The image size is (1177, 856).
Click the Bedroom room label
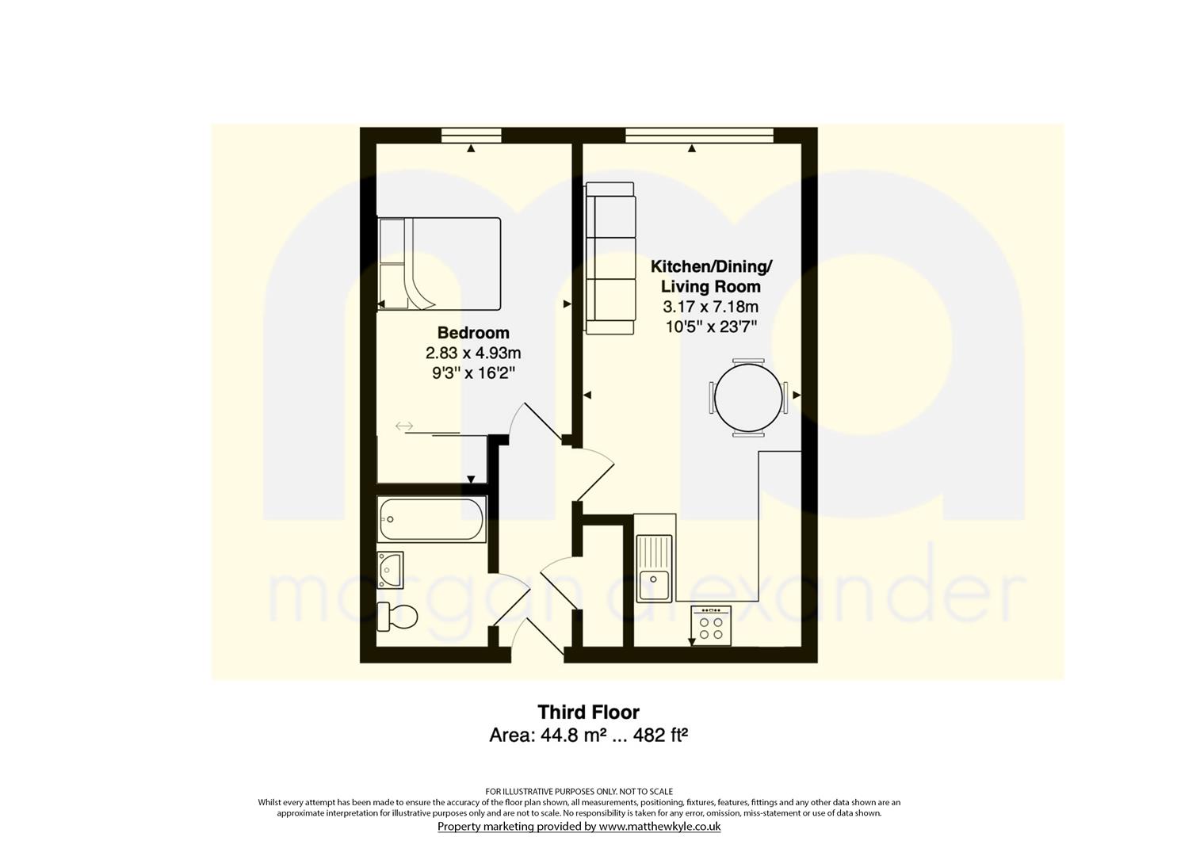(473, 333)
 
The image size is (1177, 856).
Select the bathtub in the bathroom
(431, 519)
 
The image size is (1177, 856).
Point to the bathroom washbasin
(390, 569)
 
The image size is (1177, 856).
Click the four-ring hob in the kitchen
(711, 626)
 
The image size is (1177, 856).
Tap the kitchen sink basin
(654, 568)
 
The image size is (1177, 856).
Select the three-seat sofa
(610, 258)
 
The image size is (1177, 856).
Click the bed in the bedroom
(439, 264)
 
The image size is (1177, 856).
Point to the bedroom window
(472, 136)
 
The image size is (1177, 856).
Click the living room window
(699, 136)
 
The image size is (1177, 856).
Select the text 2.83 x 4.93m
(473, 353)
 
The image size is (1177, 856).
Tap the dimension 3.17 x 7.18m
(710, 307)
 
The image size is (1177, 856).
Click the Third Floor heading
(588, 712)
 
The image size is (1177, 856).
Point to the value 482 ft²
(660, 735)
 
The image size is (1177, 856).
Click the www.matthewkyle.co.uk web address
(659, 826)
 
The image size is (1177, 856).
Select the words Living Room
(710, 286)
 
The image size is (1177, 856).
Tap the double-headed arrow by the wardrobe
(404, 426)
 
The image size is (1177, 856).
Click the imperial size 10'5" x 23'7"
(710, 327)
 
